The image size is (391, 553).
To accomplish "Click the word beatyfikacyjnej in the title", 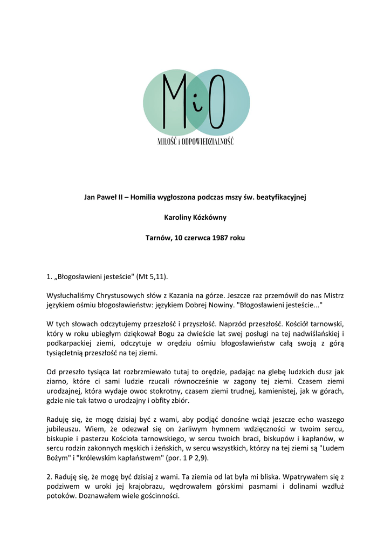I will pos(280,197).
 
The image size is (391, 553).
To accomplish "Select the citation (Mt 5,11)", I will pos(153,276).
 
